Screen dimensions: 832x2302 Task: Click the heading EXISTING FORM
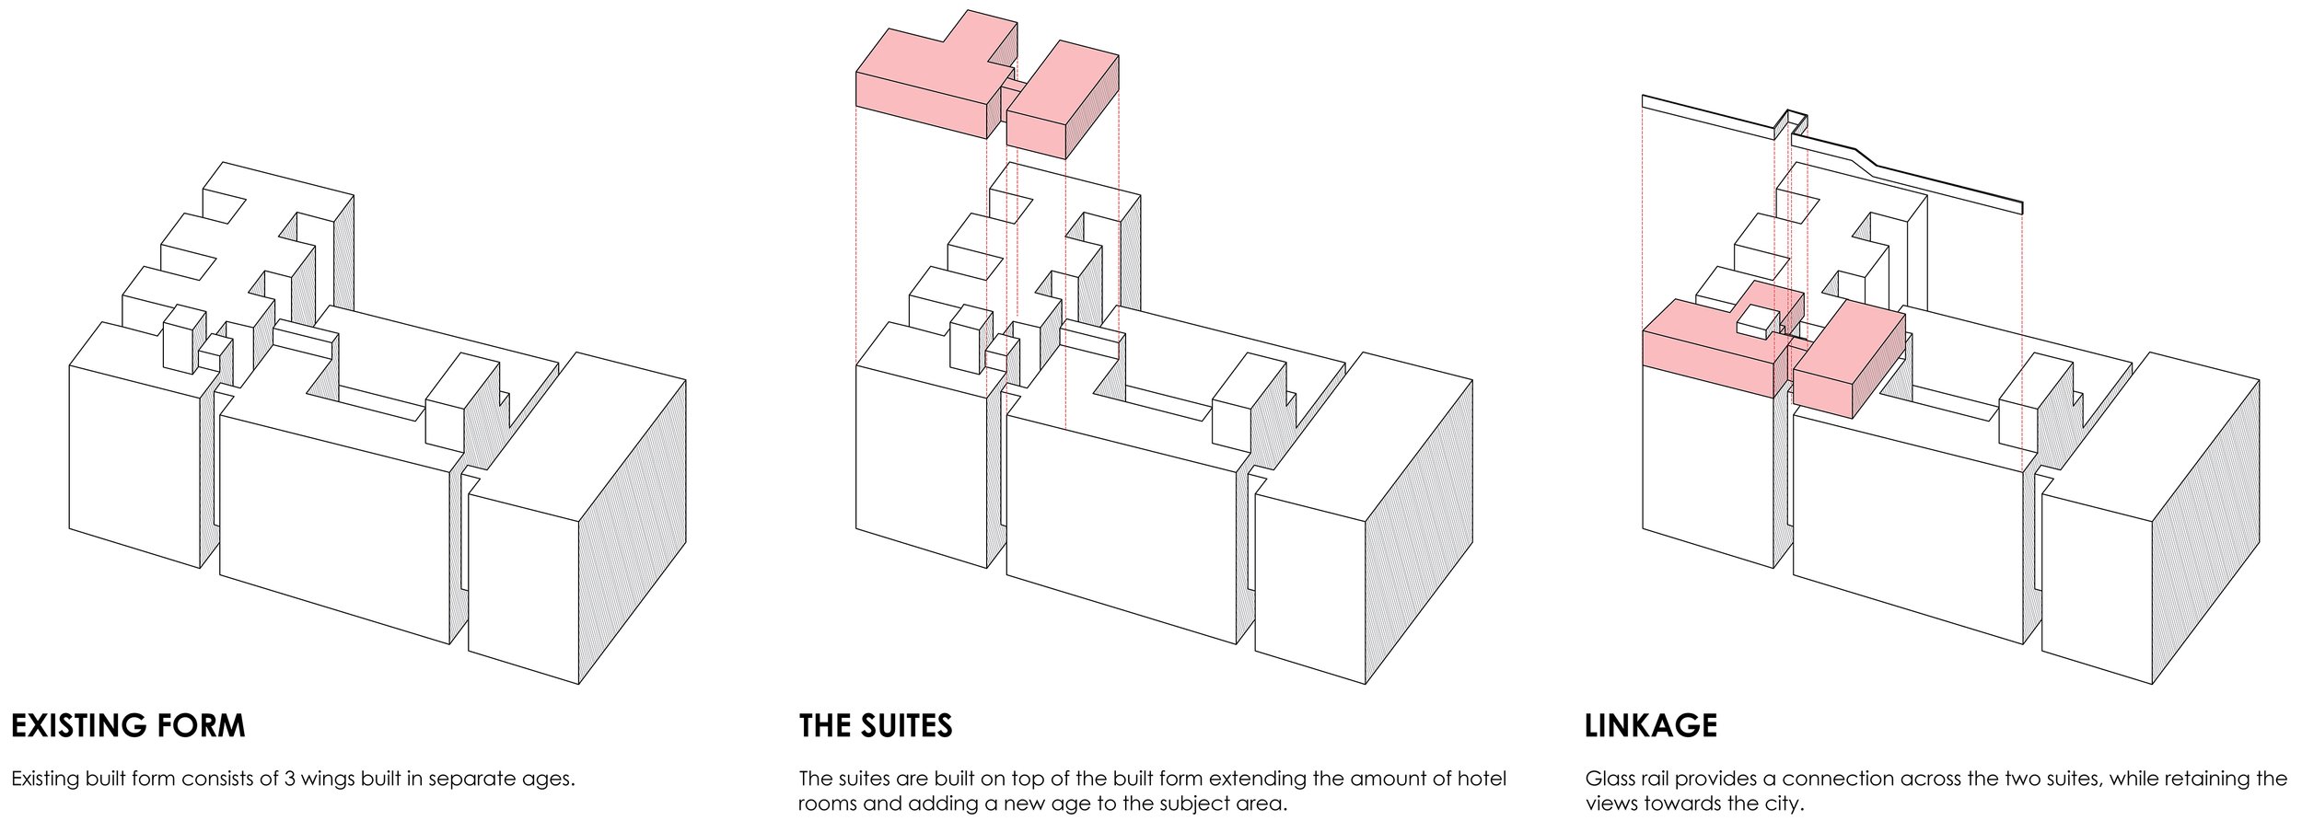click(128, 725)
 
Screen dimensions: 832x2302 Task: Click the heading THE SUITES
click(875, 725)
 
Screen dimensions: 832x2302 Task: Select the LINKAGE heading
click(1650, 725)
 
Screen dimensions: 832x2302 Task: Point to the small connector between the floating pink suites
click(1013, 97)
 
